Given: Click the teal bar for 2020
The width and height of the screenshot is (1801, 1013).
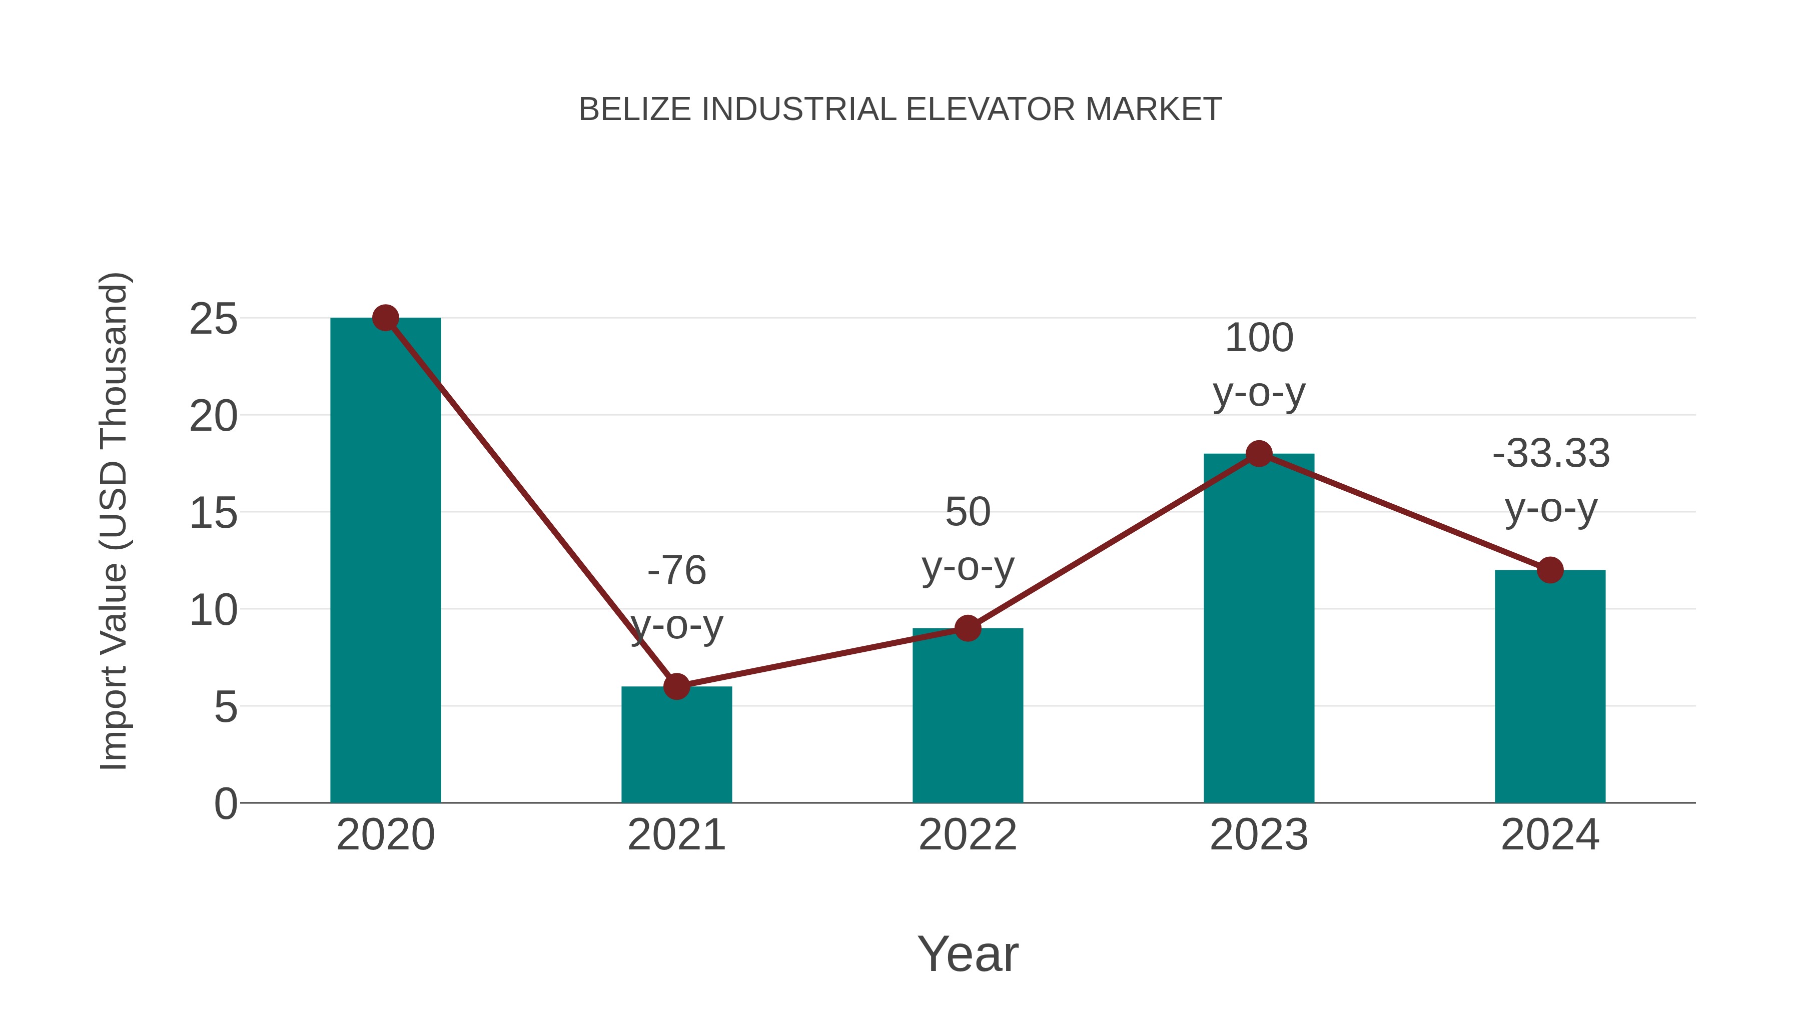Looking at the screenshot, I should coord(385,559).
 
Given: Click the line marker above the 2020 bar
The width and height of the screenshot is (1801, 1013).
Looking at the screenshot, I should coord(385,318).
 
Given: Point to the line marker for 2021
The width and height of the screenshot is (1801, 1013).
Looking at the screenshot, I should coord(676,686).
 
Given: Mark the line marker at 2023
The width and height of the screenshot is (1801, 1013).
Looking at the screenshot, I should coord(1259,454).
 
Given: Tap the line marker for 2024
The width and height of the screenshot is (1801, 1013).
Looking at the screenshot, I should coord(1550,570).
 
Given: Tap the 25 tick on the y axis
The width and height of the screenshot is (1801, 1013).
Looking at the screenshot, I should coord(213,320).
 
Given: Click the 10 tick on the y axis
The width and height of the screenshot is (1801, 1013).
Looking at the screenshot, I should coord(213,610).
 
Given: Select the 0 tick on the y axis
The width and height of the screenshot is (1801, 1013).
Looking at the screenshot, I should coord(225,804).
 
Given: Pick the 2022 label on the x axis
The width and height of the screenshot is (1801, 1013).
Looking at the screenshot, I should coord(968,835).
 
